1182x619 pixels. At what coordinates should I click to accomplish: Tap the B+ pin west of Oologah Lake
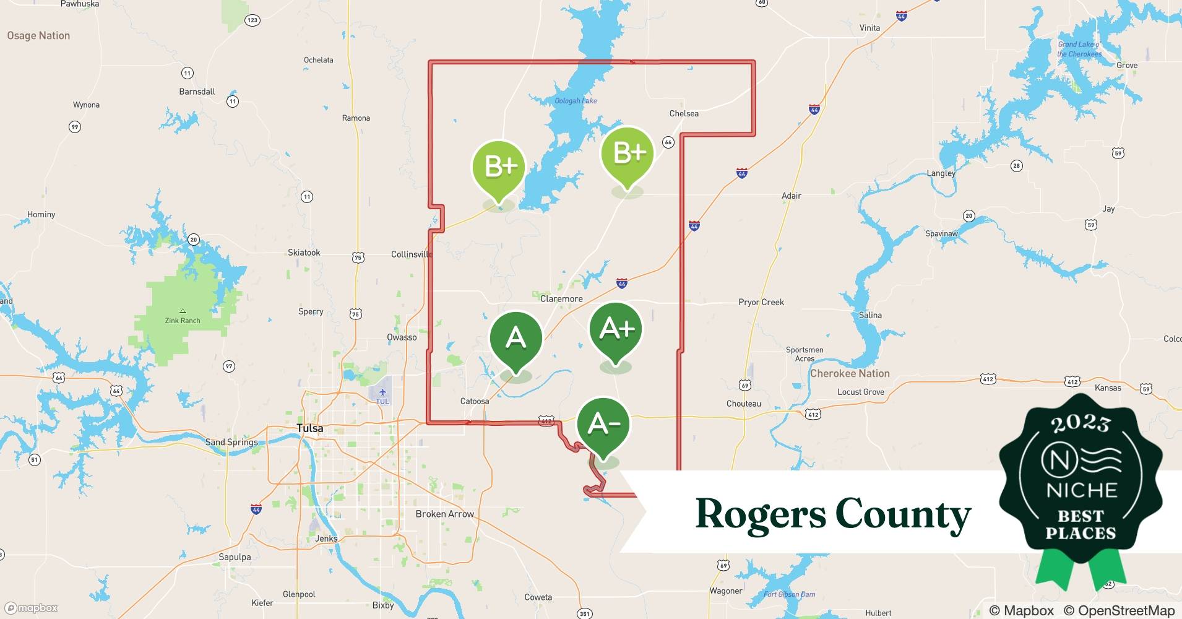(x=499, y=168)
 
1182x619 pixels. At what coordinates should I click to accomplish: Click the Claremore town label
(x=561, y=299)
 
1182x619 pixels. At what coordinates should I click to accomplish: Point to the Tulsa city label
(x=309, y=428)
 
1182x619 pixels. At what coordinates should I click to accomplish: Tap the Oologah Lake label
(x=576, y=101)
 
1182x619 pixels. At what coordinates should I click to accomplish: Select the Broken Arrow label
(x=444, y=514)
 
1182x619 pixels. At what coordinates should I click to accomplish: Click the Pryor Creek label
(x=761, y=302)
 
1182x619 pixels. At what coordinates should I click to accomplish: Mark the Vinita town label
(x=869, y=28)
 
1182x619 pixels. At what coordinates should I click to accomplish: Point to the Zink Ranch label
(x=183, y=320)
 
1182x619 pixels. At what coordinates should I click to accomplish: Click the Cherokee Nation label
(x=850, y=373)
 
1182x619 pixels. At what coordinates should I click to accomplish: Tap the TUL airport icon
(x=382, y=392)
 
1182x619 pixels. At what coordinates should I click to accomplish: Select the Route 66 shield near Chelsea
(x=668, y=142)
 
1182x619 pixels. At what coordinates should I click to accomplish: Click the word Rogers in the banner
(x=760, y=514)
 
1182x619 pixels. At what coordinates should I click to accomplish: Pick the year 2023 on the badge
(x=1080, y=423)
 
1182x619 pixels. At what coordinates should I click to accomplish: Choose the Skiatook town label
(x=304, y=253)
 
